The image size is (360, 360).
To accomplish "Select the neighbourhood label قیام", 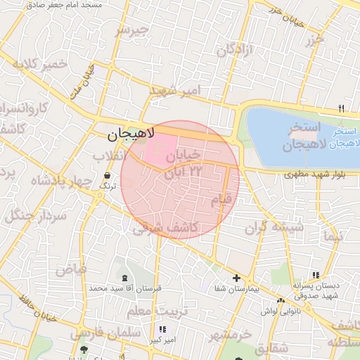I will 221,201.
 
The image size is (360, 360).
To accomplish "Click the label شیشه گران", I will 274,228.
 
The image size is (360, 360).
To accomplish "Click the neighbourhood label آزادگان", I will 234,51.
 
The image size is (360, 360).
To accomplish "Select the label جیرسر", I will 133,30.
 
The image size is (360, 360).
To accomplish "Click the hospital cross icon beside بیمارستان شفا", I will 236,278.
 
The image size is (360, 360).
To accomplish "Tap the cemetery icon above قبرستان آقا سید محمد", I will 126,278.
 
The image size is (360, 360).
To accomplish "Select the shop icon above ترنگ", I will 107,176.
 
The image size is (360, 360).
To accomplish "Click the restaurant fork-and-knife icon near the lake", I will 342,108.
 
